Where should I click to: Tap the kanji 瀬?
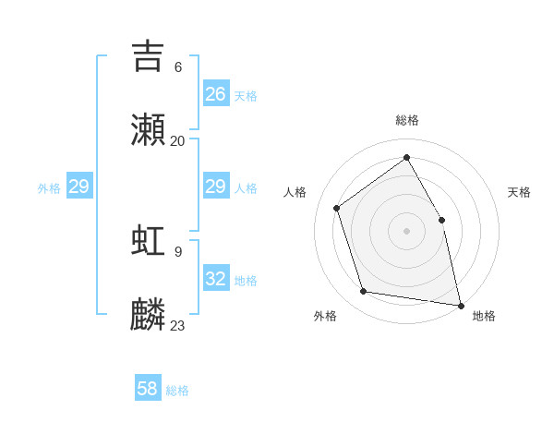[148, 130]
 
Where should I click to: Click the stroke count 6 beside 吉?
[178, 66]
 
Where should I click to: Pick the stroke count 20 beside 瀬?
[178, 141]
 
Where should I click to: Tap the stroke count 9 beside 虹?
[178, 251]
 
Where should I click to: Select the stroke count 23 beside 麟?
[178, 326]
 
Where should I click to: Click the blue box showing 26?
[216, 94]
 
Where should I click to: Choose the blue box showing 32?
[216, 278]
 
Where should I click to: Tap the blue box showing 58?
[148, 389]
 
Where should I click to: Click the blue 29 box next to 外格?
[79, 187]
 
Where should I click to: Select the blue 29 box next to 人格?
[216, 187]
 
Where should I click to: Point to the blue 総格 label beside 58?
[177, 391]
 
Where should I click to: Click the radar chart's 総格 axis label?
[407, 120]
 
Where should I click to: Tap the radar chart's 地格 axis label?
[484, 316]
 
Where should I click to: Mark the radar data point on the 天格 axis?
[441, 220]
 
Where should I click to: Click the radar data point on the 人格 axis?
[337, 208]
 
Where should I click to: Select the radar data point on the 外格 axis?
[364, 292]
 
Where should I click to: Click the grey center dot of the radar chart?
[407, 231]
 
